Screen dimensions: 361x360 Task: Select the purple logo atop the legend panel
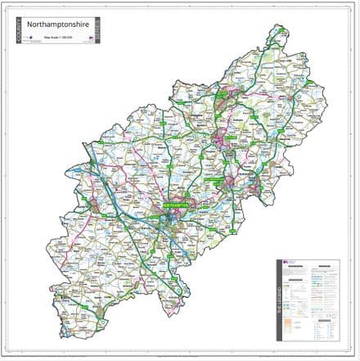pos(286,264)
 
